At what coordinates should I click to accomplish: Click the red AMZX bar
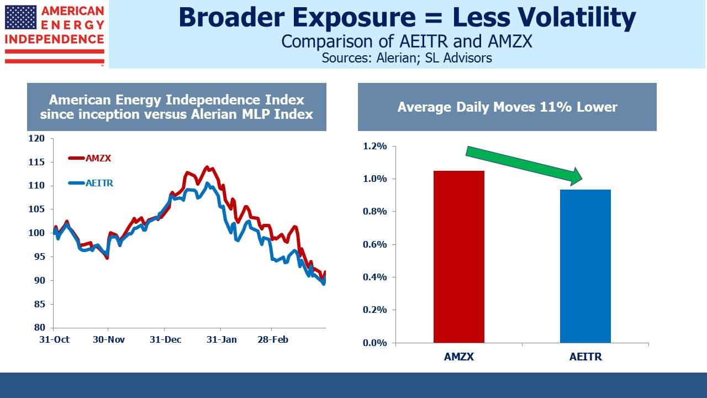[x=458, y=256]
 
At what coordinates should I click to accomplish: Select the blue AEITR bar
[x=585, y=266]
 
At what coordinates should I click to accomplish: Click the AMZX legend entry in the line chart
[x=89, y=158]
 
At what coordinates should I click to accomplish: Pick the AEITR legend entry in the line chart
[x=91, y=183]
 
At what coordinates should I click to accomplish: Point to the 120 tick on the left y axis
[x=36, y=138]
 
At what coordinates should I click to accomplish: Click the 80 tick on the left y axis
[x=39, y=327]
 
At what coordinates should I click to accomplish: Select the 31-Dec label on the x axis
[x=165, y=339]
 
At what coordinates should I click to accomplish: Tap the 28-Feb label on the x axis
[x=273, y=339]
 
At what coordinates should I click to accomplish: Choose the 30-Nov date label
[x=109, y=339]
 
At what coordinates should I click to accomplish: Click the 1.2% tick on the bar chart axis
[x=374, y=146]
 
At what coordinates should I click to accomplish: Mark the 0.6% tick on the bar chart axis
[x=374, y=244]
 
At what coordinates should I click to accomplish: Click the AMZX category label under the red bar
[x=458, y=357]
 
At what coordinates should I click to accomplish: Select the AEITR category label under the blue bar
[x=585, y=357]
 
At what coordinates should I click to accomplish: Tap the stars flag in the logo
[x=21, y=17]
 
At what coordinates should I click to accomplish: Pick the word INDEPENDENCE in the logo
[x=55, y=39]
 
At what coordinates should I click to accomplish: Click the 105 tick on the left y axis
[x=36, y=209]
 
